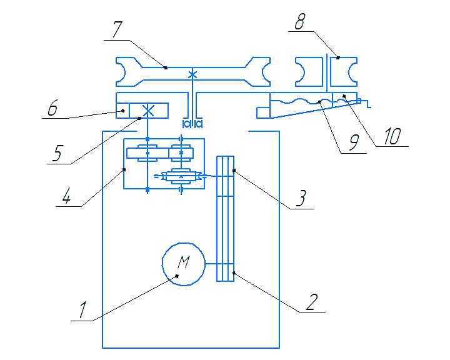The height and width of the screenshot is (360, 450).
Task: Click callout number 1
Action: click(82, 310)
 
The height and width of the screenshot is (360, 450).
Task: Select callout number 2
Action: click(312, 302)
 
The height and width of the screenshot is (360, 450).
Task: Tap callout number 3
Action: click(301, 198)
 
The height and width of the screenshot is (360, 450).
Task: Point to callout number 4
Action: click(66, 196)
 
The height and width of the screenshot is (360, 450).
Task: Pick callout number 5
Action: click(57, 153)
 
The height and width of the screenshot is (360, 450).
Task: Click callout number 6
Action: click(52, 108)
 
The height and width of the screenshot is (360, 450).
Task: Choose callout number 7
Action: click(117, 29)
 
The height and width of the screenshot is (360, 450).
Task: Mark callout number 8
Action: click(300, 21)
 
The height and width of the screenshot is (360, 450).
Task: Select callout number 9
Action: click(354, 142)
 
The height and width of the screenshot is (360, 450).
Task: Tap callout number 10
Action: click(392, 136)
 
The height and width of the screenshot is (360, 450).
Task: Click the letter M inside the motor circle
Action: click(184, 261)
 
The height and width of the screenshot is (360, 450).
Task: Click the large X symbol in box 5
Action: click(148, 111)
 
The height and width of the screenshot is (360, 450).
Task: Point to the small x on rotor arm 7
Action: click(192, 75)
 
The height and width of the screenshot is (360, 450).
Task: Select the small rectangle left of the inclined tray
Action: click(263, 112)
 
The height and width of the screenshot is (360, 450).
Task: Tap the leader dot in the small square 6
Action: click(123, 111)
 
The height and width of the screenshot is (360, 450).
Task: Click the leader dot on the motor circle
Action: click(177, 276)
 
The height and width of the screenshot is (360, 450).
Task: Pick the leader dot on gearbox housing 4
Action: click(124, 169)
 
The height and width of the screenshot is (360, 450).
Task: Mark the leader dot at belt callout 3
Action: click(234, 171)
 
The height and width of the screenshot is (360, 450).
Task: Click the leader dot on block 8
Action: click(337, 57)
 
